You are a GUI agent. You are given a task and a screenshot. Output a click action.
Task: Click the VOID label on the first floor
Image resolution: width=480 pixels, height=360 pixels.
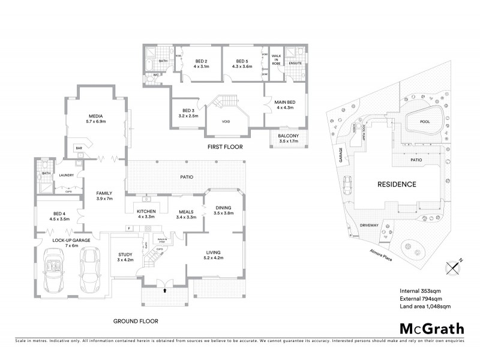226,121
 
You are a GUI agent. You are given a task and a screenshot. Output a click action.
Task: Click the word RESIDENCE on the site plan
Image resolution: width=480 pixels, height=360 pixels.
397,184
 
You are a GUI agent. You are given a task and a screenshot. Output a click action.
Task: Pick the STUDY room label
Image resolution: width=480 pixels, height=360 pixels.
125,256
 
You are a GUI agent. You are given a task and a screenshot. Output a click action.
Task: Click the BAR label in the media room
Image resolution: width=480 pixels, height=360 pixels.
78,147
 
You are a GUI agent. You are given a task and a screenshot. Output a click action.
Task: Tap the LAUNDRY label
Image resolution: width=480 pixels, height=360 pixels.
66,175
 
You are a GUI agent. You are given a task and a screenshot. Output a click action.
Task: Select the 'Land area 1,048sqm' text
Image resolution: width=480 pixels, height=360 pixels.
425,306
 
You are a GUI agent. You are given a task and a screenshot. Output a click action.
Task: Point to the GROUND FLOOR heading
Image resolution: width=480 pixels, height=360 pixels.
136,321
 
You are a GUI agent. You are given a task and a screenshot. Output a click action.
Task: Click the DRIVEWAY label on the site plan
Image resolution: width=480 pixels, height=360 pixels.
369,226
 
